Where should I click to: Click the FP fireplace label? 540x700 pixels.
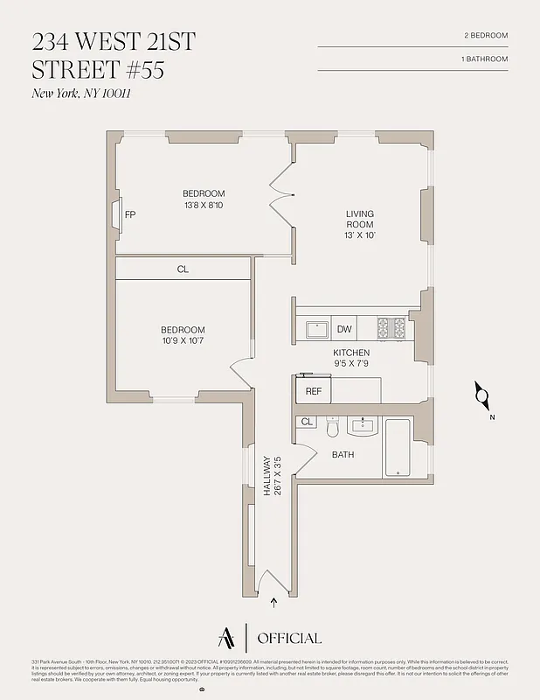[x=130, y=214]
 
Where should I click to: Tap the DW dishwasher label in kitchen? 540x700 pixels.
[x=344, y=329]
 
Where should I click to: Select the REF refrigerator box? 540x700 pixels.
[x=314, y=391]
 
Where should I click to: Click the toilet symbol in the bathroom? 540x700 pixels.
[x=332, y=428]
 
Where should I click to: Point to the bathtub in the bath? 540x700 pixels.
[x=398, y=447]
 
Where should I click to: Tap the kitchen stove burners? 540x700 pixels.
[x=391, y=328]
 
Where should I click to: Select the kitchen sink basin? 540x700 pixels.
[x=316, y=329]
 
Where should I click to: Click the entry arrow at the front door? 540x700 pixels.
[x=275, y=602]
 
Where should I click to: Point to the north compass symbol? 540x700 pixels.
[x=481, y=396]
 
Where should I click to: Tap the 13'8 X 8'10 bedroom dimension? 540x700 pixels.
[x=204, y=206]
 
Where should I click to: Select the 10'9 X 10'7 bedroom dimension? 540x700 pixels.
[x=183, y=341]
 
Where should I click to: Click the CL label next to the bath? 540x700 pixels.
[x=307, y=422]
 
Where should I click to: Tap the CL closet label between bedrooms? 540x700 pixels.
[x=183, y=269]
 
